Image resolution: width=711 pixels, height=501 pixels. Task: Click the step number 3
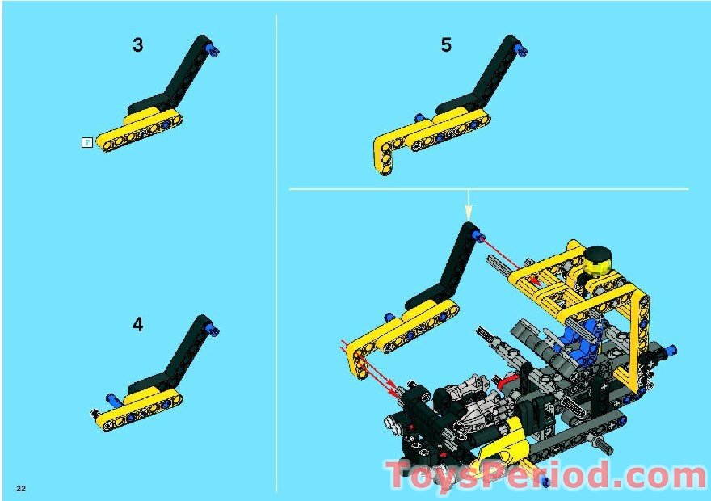pyautogui.click(x=137, y=45)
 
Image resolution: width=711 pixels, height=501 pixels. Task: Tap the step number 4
pyautogui.click(x=137, y=325)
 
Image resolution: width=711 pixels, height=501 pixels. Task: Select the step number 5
pyautogui.click(x=446, y=45)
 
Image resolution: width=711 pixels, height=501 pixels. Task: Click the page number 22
pyautogui.click(x=20, y=488)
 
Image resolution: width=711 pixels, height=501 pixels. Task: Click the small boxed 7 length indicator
pyautogui.click(x=86, y=142)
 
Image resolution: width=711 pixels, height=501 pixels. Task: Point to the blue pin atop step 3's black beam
pyautogui.click(x=213, y=51)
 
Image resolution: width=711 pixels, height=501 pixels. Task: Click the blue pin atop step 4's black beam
pyautogui.click(x=213, y=330)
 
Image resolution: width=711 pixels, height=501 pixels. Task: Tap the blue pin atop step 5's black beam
pyautogui.click(x=523, y=50)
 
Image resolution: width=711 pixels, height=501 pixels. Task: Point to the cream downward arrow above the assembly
pyautogui.click(x=468, y=209)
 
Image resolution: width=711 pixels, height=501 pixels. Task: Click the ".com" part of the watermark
pyautogui.click(x=646, y=477)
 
